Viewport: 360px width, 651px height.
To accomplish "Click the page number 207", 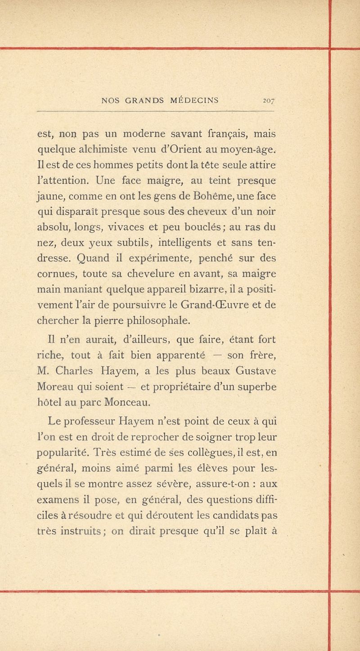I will click(x=269, y=100).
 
